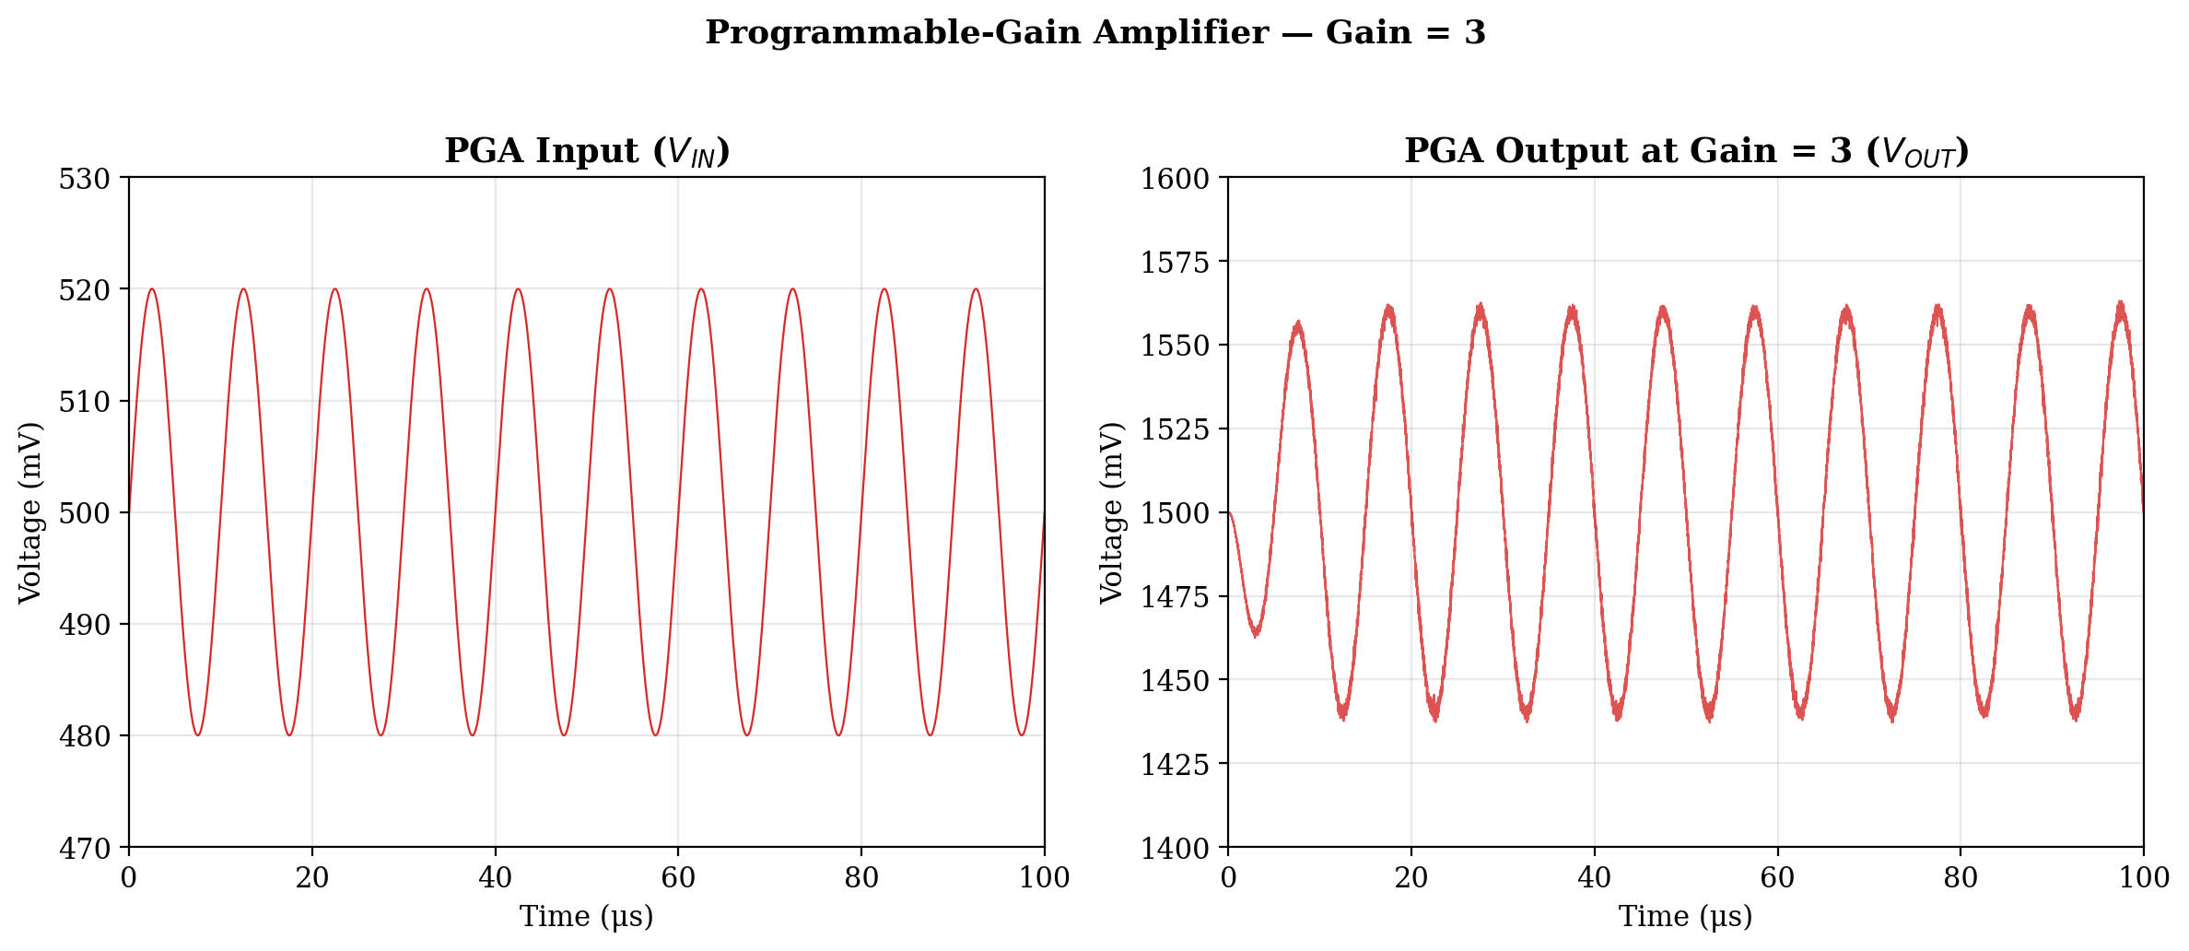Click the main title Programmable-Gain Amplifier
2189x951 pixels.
point(1094,33)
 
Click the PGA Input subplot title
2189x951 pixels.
point(587,151)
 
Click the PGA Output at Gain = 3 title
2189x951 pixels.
point(1686,151)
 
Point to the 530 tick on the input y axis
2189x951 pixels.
point(85,179)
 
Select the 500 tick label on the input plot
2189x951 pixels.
point(85,513)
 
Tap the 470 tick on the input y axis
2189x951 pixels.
point(85,848)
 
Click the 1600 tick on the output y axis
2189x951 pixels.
point(1175,179)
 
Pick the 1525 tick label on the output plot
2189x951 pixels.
point(1175,429)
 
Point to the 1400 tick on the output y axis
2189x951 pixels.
point(1175,848)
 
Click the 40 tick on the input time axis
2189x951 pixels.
point(495,877)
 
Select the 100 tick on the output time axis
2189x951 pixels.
point(2143,877)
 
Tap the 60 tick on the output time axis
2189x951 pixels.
point(1777,877)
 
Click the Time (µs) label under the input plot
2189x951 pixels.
point(587,917)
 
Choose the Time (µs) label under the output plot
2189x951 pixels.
point(1686,917)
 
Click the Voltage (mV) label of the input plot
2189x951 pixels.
point(30,513)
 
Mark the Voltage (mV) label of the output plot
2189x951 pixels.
point(1112,513)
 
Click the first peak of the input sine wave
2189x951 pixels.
point(152,289)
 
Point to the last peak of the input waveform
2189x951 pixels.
point(976,289)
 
